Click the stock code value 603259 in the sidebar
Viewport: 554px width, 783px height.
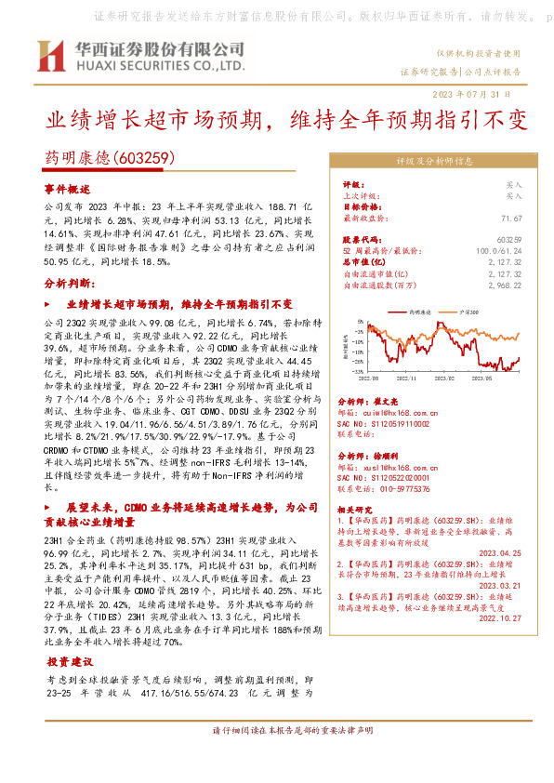click(x=509, y=240)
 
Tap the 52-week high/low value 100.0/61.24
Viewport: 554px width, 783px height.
click(x=500, y=251)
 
